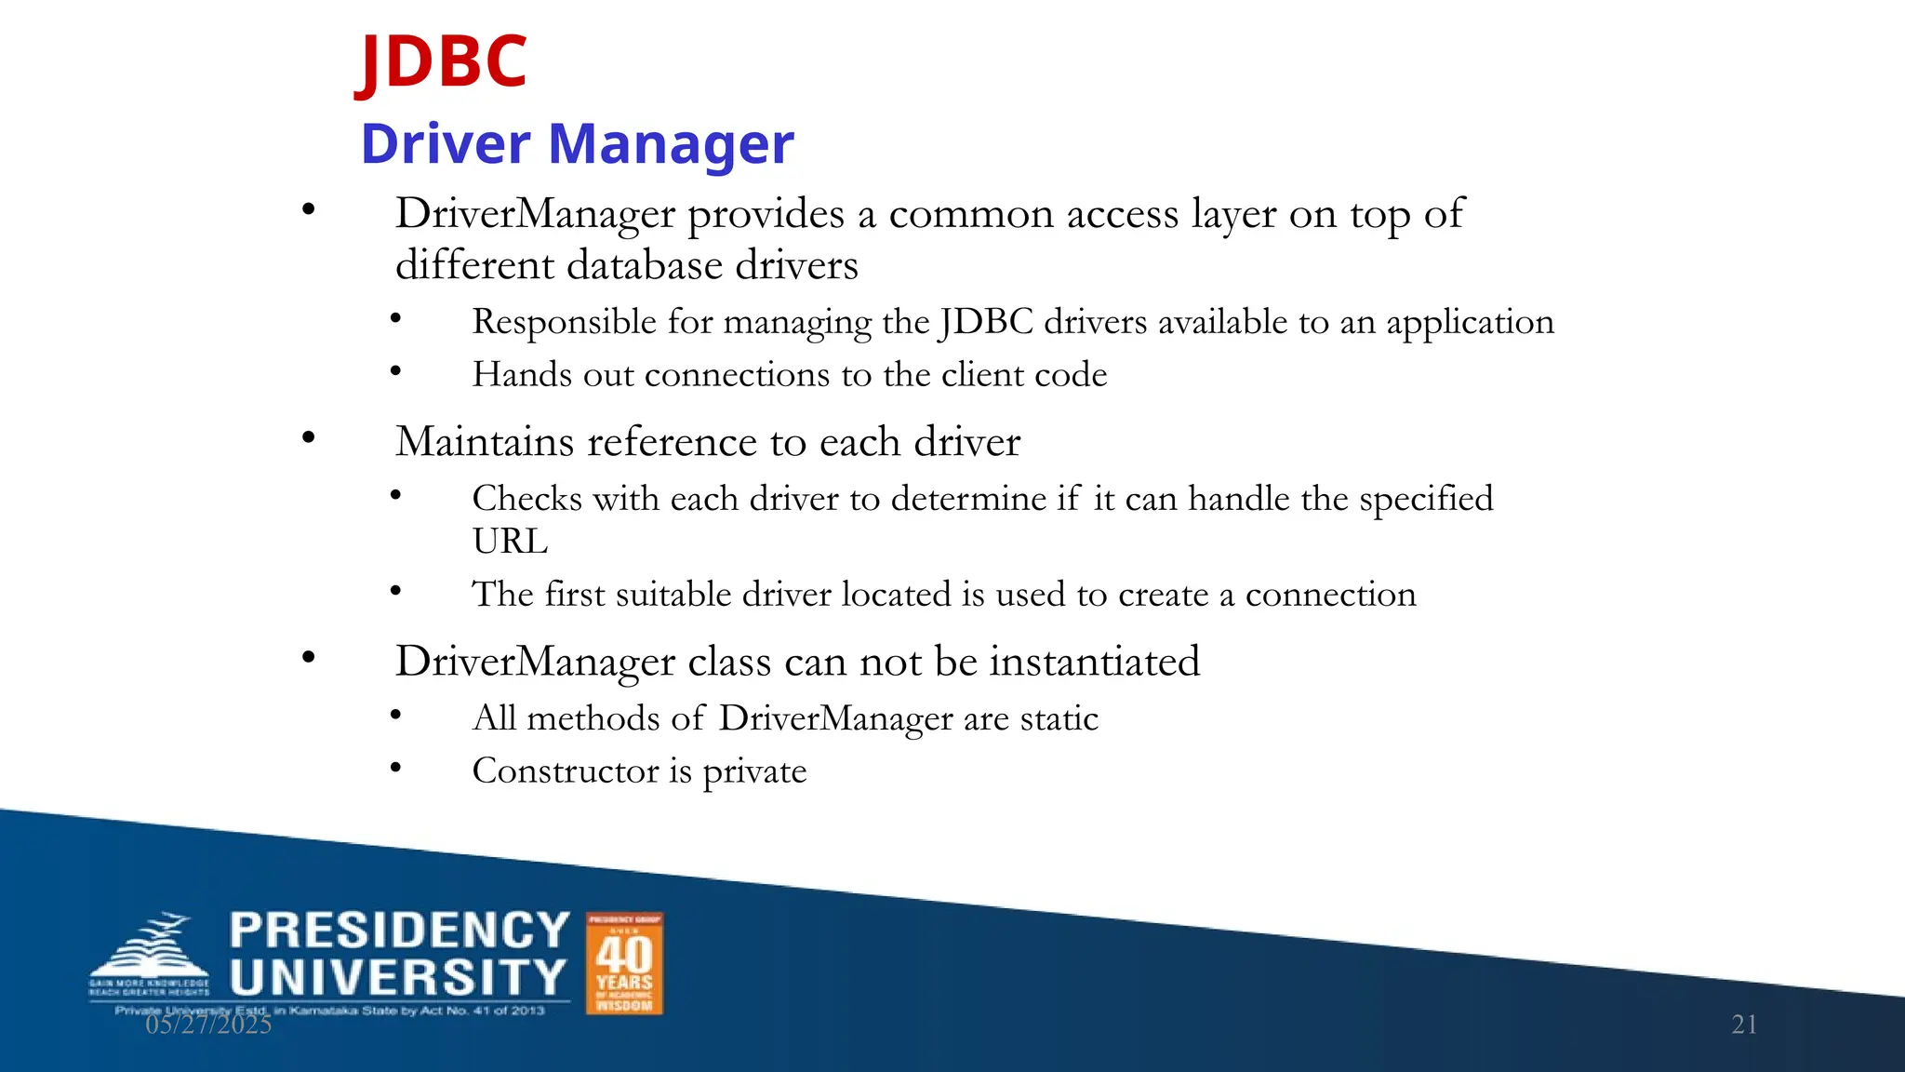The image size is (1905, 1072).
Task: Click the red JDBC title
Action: point(443,61)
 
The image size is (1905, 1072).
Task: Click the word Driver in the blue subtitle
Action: point(446,144)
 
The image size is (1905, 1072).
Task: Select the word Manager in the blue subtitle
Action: point(671,146)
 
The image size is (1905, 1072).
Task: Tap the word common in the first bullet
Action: point(971,215)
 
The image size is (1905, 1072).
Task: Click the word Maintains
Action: point(485,441)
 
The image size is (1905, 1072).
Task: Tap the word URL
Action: point(510,542)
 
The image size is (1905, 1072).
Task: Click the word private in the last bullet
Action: point(754,772)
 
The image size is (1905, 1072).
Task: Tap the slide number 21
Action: point(1744,1025)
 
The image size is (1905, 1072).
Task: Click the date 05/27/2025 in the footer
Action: point(208,1025)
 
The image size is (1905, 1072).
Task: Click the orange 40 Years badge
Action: point(624,963)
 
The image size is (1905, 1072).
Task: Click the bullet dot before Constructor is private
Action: point(395,768)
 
